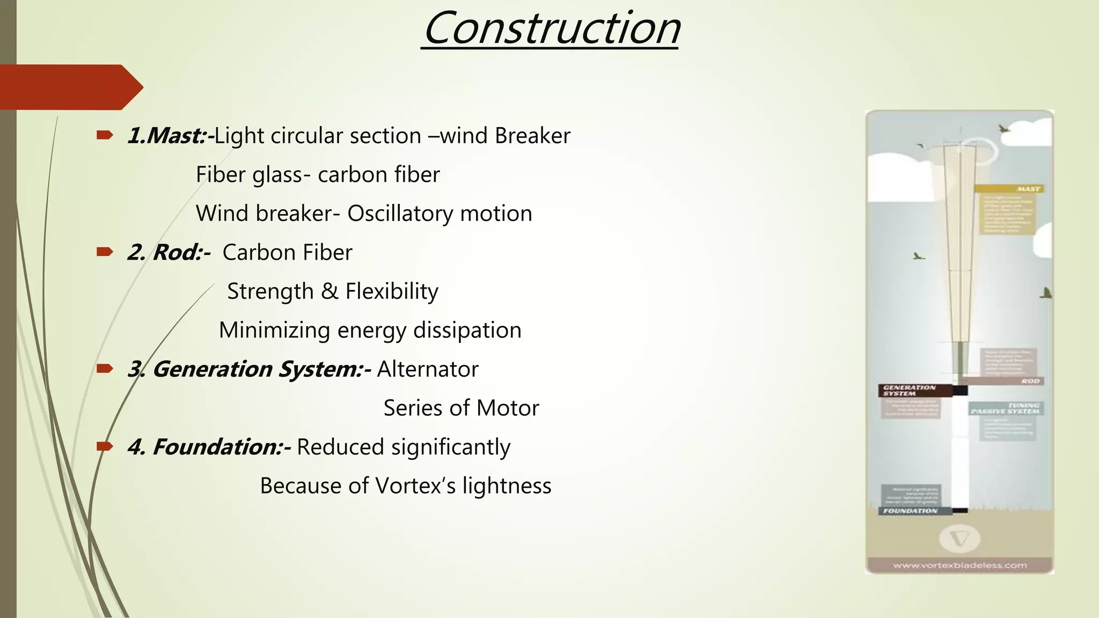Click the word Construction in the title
[552, 29]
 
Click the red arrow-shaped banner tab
[70, 87]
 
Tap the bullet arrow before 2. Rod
[104, 252]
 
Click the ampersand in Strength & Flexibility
[329, 291]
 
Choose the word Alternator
[428, 369]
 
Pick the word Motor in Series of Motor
[508, 408]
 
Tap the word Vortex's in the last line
[415, 486]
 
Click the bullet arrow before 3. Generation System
[104, 368]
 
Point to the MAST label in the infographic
[1028, 189]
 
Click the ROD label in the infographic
[1030, 381]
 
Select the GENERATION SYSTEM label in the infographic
[910, 390]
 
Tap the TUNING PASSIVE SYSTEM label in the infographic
[1006, 409]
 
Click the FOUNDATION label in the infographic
[910, 511]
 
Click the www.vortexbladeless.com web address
[959, 565]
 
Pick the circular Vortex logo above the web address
[959, 539]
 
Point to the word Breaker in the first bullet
[532, 136]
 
